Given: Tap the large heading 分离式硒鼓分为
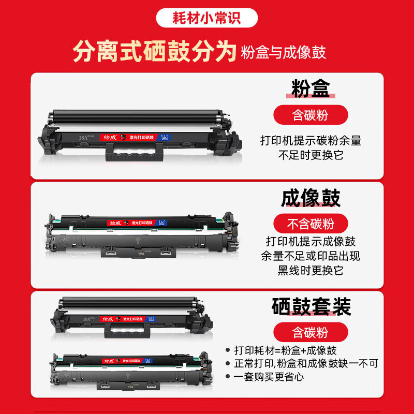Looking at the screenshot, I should point(155,52).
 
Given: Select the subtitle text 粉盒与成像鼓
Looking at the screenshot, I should point(284,53).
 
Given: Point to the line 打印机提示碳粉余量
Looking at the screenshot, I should point(310,140).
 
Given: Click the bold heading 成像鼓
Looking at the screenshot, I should point(310,198).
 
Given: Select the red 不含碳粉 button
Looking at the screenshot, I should point(310,224).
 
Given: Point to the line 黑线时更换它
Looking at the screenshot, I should point(310,271).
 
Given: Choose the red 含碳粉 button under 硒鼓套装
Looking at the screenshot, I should point(310,332).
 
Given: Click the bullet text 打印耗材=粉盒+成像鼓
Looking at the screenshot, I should point(288,350).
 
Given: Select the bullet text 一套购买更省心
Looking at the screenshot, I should point(271,377).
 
